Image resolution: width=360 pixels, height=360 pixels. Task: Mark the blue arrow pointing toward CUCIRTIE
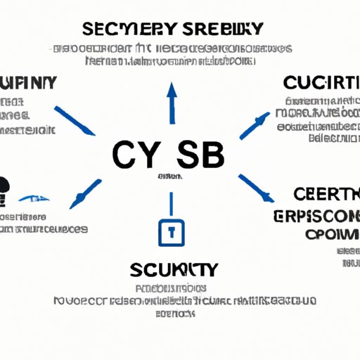(255, 123)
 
